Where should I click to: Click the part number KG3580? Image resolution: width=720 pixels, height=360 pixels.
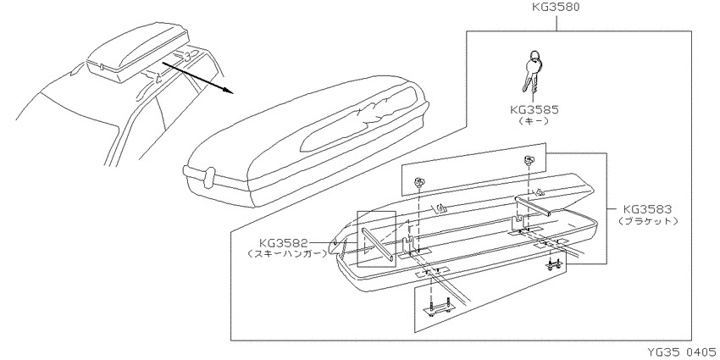(x=556, y=8)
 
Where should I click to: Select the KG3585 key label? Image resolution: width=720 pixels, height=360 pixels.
(x=534, y=110)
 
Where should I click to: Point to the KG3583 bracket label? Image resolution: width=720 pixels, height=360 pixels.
(x=647, y=210)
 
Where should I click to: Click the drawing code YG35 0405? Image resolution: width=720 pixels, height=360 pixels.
(x=682, y=352)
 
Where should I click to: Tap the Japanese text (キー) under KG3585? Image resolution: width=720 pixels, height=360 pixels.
(x=534, y=121)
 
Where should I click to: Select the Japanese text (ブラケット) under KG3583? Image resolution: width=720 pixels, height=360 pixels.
(x=647, y=221)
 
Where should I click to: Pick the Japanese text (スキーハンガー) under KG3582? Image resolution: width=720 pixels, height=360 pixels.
(x=287, y=253)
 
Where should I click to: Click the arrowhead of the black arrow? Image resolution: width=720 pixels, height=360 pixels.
(x=229, y=90)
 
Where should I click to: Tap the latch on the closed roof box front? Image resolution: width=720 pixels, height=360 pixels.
(x=208, y=177)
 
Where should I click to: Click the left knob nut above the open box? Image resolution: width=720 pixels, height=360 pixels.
(x=419, y=180)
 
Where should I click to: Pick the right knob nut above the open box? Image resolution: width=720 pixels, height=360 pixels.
(x=528, y=160)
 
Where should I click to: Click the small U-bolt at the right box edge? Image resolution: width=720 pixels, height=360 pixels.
(x=553, y=265)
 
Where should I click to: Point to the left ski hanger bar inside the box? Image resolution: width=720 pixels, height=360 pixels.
(x=378, y=245)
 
